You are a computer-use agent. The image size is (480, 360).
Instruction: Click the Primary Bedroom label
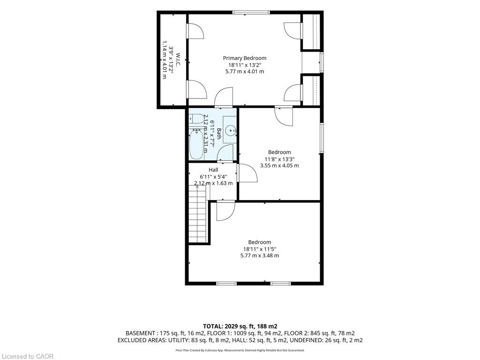coord(244,58)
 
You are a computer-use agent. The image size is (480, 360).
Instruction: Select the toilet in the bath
coord(196,119)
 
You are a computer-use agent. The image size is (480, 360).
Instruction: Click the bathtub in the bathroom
coord(196,144)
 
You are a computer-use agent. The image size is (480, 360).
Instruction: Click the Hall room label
coord(213,170)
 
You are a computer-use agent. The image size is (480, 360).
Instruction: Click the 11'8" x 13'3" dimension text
coord(279,159)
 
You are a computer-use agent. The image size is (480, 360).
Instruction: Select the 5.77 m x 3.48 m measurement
coord(260,255)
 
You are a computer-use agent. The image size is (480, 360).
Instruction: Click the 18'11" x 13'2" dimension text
coord(245,65)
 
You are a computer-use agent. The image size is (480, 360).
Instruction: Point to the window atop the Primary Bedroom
coord(251,13)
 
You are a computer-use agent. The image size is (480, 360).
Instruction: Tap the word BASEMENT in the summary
coord(140,333)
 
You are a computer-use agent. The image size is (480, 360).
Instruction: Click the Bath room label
coord(218,134)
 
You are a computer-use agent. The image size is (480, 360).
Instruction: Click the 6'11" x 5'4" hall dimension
coord(213,177)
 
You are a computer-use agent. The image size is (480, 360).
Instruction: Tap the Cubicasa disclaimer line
coord(240,350)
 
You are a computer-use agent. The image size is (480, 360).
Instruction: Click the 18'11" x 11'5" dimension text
coord(260,249)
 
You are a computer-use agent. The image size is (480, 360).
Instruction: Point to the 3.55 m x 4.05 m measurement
coord(279,165)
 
